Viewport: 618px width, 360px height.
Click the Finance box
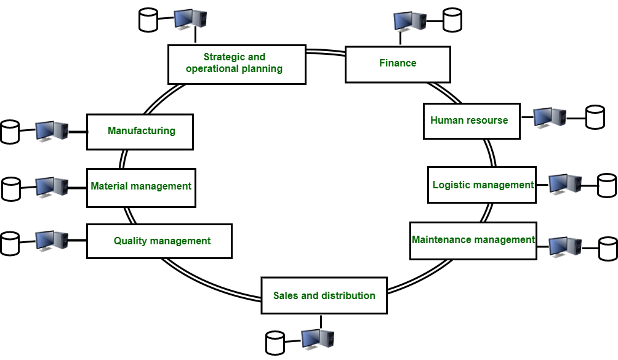tap(398, 64)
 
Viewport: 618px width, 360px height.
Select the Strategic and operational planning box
tap(237, 64)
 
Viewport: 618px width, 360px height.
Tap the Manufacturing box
tap(140, 131)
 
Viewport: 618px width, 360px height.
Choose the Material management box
tap(141, 187)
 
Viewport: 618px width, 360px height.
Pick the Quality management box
tap(159, 241)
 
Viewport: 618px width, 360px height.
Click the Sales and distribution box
tap(324, 296)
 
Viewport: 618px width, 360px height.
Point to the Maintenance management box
tap(473, 240)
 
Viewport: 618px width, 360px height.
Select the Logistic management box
tap(482, 185)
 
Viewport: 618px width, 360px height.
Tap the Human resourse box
tap(472, 121)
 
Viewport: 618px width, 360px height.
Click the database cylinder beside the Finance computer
tap(452, 20)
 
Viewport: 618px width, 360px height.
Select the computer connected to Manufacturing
tap(52, 131)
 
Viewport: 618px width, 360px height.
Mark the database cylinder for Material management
tap(12, 188)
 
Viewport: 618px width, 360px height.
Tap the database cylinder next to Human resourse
tap(595, 117)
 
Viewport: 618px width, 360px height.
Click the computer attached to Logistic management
tap(565, 185)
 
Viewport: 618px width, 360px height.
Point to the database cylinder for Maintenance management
tap(608, 248)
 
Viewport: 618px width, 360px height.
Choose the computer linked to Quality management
tap(52, 241)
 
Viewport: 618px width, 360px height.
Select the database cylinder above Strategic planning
tap(148, 20)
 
